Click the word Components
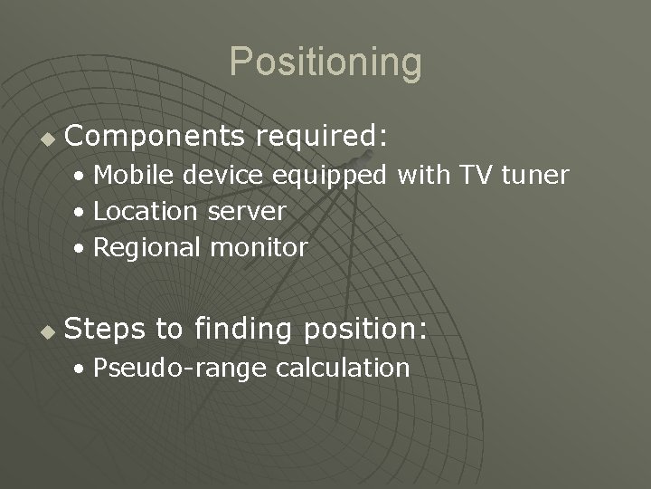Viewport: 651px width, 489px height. click(155, 137)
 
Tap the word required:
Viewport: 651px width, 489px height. click(321, 137)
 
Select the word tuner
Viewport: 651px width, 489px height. click(534, 174)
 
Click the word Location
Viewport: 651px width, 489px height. click(146, 211)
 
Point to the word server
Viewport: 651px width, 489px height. click(247, 212)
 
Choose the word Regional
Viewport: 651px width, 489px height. click(149, 248)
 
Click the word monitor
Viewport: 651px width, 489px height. click(261, 247)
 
